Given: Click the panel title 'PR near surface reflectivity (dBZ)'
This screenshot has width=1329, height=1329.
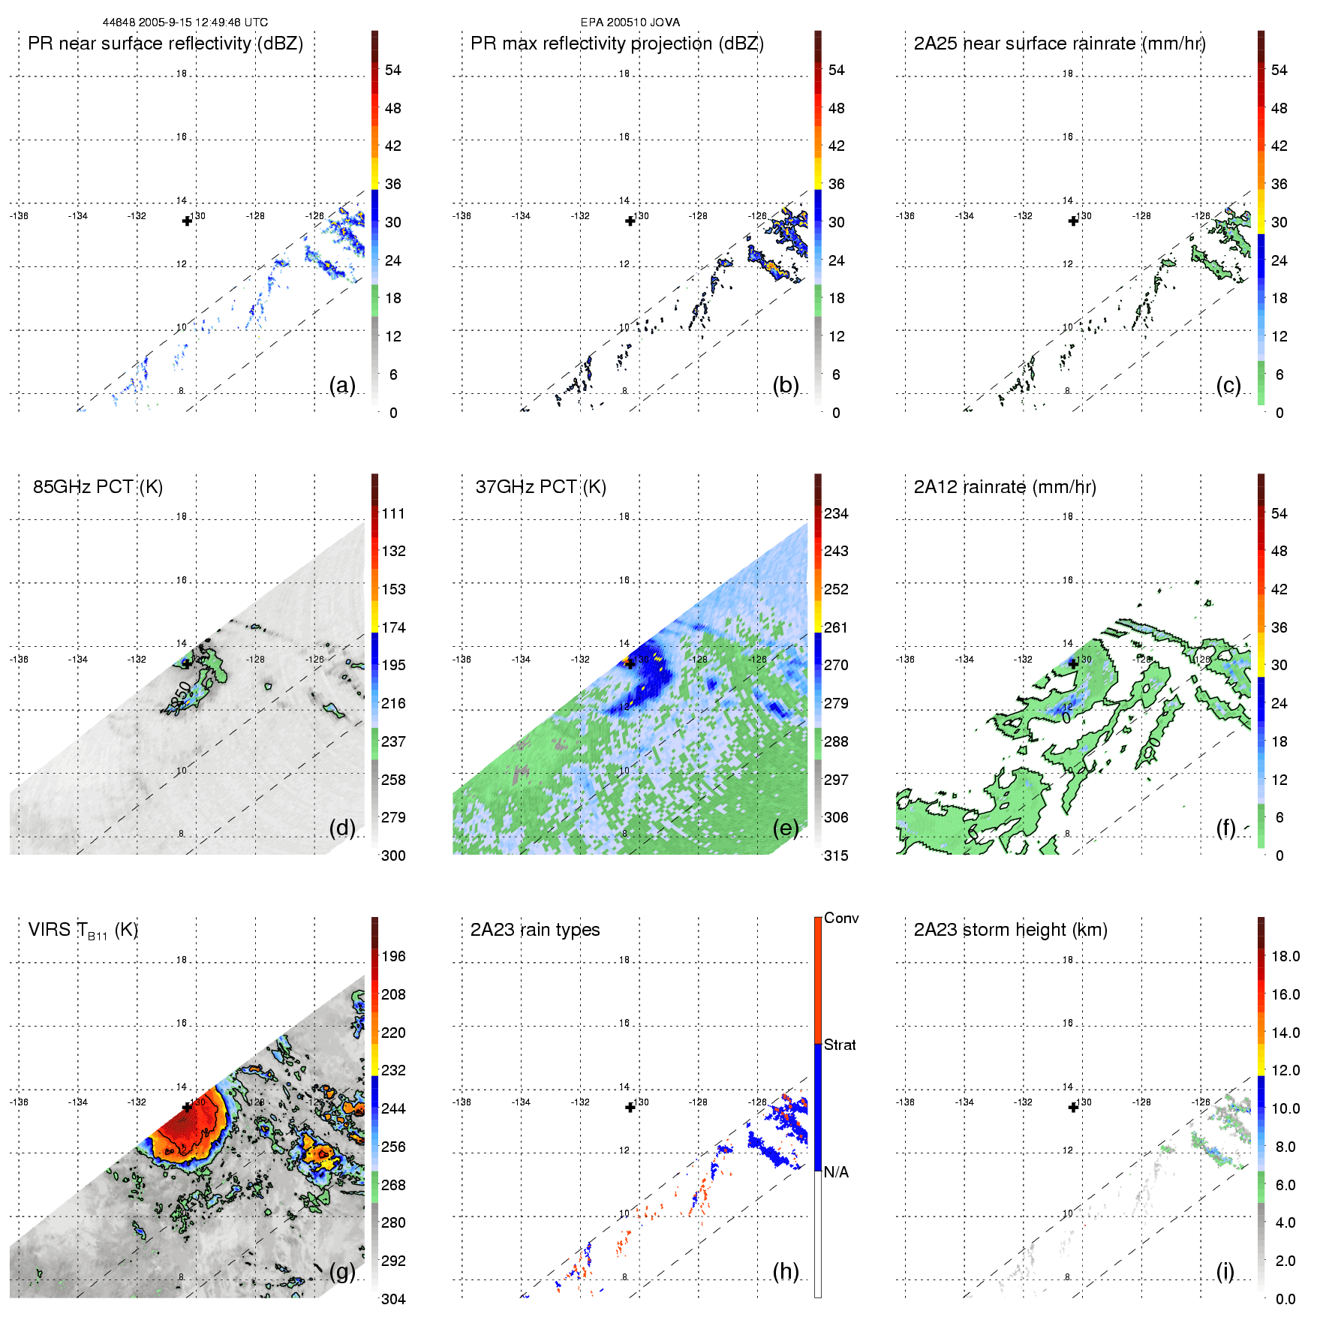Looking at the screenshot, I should [165, 44].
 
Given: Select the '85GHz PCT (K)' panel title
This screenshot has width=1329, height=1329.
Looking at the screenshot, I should [98, 487].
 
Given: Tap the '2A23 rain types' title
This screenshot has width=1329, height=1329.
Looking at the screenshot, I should [535, 930].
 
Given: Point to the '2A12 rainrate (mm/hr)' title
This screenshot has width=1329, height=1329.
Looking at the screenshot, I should [1005, 487].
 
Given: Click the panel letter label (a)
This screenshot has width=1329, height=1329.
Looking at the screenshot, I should [342, 386].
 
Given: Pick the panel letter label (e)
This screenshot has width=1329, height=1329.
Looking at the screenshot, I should [786, 828].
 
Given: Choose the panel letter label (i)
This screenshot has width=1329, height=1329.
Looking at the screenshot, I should [1225, 1271].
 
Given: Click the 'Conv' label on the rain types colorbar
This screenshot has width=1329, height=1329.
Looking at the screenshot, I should [841, 919].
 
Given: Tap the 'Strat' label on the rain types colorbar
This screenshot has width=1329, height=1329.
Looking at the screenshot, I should [840, 1045].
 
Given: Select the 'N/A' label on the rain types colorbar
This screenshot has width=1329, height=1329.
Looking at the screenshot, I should [836, 1172].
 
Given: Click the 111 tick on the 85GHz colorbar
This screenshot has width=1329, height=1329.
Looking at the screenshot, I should [393, 514].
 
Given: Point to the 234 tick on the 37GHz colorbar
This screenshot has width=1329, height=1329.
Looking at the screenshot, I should [836, 514].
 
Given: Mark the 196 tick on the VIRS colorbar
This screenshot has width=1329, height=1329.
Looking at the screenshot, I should [393, 957].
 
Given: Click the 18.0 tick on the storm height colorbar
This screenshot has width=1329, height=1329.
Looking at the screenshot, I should [1285, 957].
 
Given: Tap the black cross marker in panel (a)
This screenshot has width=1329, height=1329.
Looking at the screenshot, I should [187, 221].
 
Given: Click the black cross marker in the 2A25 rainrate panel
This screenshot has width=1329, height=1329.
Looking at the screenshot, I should [1073, 221].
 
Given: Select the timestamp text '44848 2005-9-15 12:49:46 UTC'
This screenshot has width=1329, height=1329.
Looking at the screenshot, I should [185, 23].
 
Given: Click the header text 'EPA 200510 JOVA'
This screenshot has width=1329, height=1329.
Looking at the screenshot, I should [630, 23].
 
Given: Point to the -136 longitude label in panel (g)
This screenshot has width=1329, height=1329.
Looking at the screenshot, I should [19, 1102].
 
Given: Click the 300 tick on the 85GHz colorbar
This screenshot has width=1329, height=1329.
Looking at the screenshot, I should [393, 855].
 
